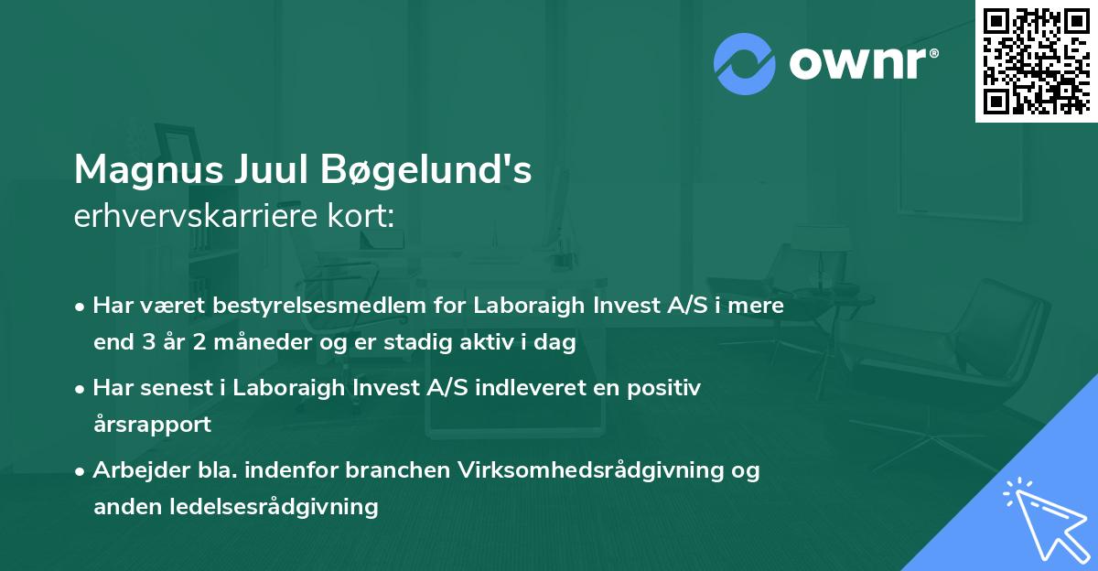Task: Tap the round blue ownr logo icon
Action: tap(744, 63)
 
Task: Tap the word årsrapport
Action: tap(152, 425)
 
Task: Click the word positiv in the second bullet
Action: tap(669, 388)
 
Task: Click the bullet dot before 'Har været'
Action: tap(81, 307)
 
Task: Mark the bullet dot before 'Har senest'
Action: tap(81, 389)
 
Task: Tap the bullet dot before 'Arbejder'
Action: tap(81, 471)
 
